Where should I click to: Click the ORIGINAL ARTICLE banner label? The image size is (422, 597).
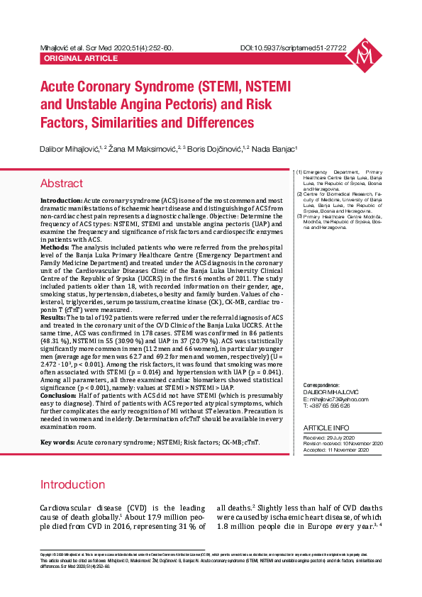tap(71, 58)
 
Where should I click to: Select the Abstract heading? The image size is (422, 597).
tap(62, 184)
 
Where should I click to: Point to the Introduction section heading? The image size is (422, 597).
tap(72, 485)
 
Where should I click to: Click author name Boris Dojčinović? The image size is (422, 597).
tap(214, 149)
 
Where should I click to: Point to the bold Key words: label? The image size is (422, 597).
tap(57, 442)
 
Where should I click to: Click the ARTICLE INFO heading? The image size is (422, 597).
tap(326, 428)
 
